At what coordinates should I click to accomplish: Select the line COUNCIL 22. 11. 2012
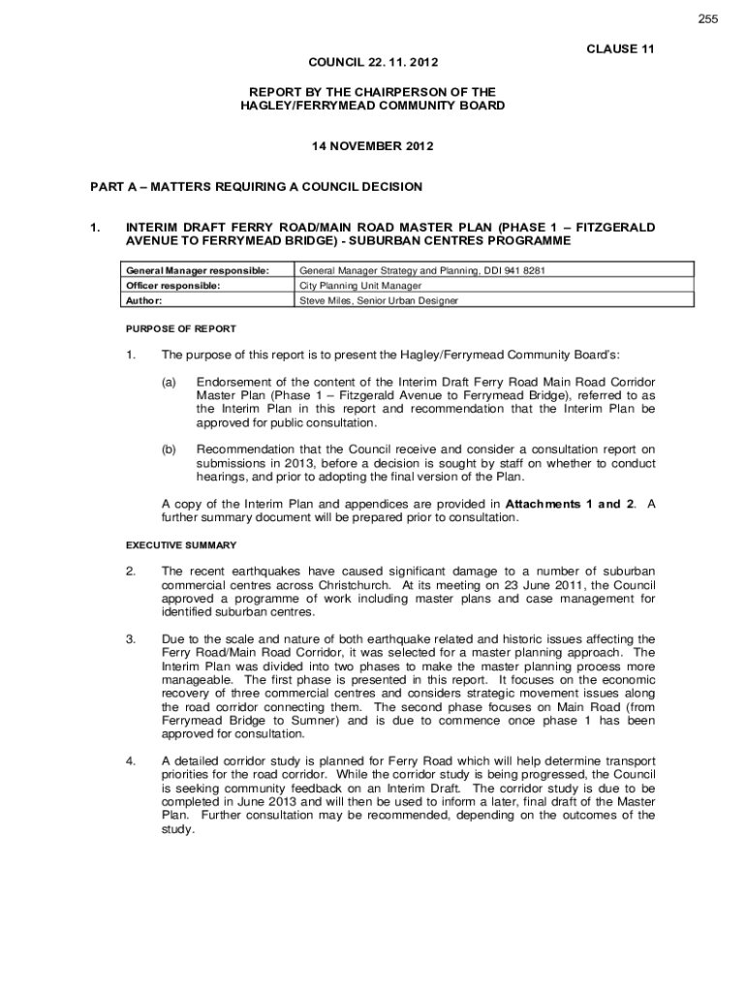373,63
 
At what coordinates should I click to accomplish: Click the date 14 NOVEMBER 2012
372,146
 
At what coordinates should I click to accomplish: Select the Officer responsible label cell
171,286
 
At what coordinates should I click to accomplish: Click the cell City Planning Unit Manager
360,286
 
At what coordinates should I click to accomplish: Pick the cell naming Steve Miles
379,300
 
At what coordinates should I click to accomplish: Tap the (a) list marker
169,383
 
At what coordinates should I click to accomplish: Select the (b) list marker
169,449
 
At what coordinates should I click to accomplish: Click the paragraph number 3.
130,639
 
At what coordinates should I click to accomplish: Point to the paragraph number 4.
130,760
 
